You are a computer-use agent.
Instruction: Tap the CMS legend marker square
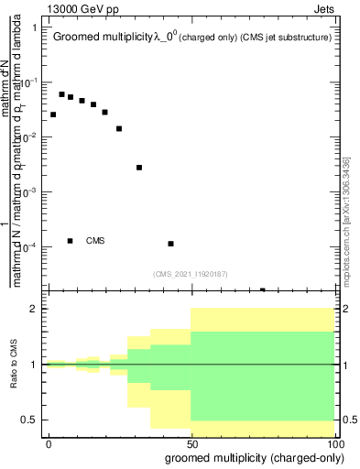(x=71, y=241)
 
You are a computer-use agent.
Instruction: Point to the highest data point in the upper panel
(x=62, y=94)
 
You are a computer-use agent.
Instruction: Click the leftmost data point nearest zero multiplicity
(x=53, y=115)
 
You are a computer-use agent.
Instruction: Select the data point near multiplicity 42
(x=171, y=244)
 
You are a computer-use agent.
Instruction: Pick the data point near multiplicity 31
(x=139, y=168)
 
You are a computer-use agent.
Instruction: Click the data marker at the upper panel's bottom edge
(x=263, y=289)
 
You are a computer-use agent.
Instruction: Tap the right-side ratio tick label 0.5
(x=349, y=420)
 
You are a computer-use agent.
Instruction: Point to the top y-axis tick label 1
(x=34, y=27)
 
